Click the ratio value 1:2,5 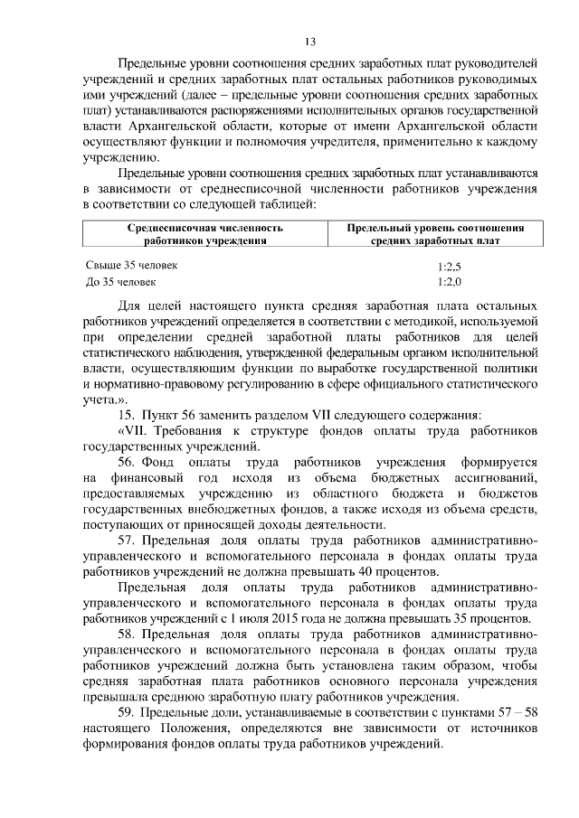click(449, 268)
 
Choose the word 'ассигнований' click(498, 476)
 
